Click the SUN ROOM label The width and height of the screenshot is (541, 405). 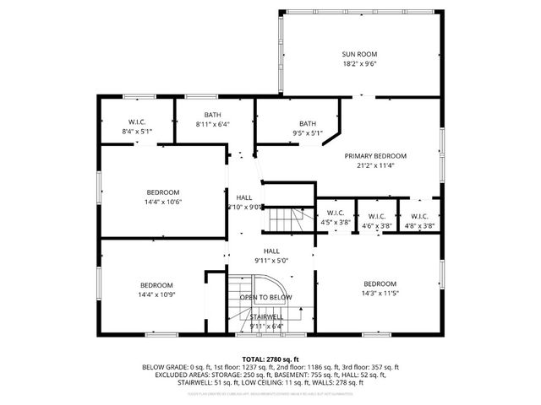pos(360,53)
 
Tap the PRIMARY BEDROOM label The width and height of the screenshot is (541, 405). pos(375,156)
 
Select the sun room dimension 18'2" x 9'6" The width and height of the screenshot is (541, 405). pos(360,63)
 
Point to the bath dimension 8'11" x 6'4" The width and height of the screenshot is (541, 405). pos(212,124)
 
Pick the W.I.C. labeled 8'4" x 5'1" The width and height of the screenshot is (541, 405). pos(138,132)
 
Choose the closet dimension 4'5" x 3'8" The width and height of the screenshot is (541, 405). pos(336,223)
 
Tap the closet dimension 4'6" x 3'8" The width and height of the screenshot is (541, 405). pos(377,226)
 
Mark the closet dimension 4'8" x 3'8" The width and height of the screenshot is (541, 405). pos(419,226)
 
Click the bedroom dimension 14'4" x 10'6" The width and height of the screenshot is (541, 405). pos(163,202)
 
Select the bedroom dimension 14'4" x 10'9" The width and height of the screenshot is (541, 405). pos(156,294)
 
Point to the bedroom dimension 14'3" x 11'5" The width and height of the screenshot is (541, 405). pos(380,294)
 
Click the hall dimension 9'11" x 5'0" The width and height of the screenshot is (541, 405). pos(271,261)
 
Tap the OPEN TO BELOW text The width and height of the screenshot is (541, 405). pos(265,298)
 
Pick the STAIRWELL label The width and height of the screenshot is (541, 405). pos(267,316)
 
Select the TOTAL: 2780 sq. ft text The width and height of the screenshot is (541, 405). pos(270,359)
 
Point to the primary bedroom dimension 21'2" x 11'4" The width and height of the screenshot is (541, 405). pos(375,165)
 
